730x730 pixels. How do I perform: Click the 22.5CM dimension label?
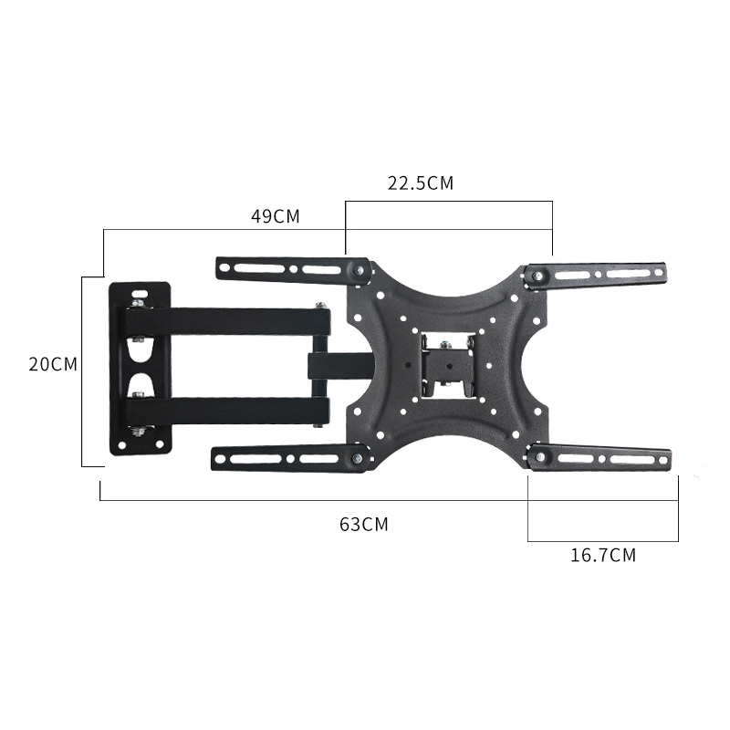421,182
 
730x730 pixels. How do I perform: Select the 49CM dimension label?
276,216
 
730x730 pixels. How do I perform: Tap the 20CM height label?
53,364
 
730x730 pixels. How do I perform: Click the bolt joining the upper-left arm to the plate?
358,270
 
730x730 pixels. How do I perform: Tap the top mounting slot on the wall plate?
139,299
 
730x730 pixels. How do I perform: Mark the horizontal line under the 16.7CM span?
603,541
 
